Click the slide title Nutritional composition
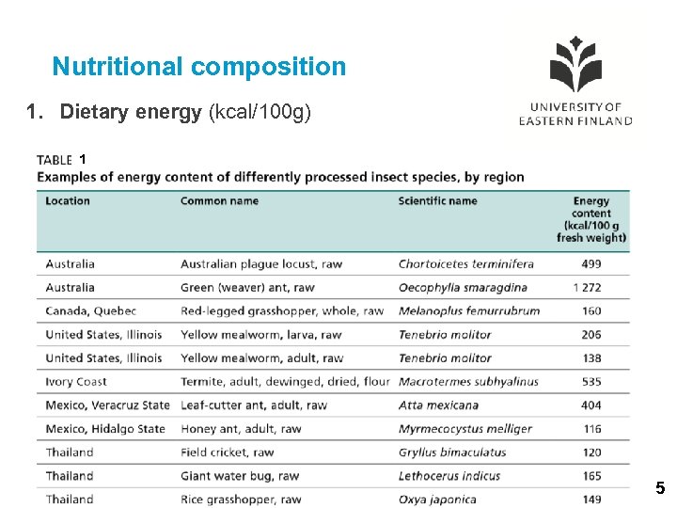199,67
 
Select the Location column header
68,200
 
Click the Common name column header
219,200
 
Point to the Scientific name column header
437,200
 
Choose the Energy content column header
591,219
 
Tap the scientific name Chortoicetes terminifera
465,264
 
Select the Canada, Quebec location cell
91,311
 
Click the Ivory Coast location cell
76,382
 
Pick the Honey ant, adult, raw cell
241,429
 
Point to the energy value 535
591,382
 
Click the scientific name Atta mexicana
438,405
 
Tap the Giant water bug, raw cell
240,476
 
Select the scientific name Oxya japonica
437,500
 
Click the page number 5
660,488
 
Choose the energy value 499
591,264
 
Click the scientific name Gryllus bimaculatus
452,452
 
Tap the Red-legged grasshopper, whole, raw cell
282,311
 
